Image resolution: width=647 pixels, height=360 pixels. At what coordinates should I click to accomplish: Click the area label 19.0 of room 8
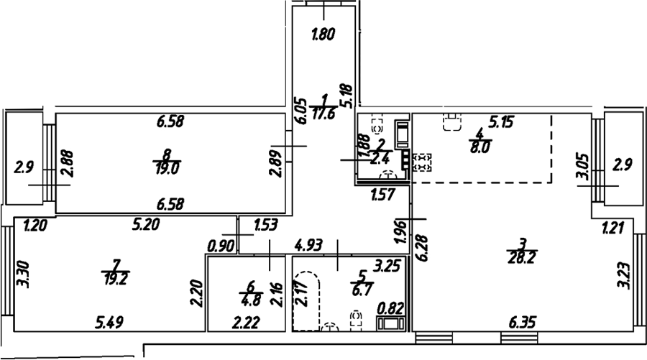(167, 169)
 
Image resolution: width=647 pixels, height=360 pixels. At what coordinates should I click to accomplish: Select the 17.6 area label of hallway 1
(324, 114)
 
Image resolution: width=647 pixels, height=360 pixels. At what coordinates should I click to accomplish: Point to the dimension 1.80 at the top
(323, 34)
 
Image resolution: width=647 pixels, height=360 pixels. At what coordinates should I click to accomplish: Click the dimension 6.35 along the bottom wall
(523, 322)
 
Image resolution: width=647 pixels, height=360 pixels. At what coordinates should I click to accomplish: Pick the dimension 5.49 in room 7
(109, 322)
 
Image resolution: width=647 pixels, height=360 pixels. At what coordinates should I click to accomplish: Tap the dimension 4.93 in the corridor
(308, 246)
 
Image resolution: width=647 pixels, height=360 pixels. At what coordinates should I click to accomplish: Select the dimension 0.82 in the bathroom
(390, 308)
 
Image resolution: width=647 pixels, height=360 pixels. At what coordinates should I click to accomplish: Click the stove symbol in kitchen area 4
(422, 162)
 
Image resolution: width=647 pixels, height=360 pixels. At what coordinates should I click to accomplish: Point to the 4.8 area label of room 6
(250, 299)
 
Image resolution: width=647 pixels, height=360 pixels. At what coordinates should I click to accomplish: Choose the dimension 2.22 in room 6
(246, 322)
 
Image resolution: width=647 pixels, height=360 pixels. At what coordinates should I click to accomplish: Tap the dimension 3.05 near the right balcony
(583, 166)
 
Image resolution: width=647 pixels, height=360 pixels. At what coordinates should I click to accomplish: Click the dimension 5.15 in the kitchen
(501, 122)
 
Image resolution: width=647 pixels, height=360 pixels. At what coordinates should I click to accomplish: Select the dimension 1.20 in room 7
(35, 226)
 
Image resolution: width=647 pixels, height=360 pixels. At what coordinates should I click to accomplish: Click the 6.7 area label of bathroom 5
(362, 289)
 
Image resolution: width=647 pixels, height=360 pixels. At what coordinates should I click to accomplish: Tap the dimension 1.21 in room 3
(612, 228)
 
